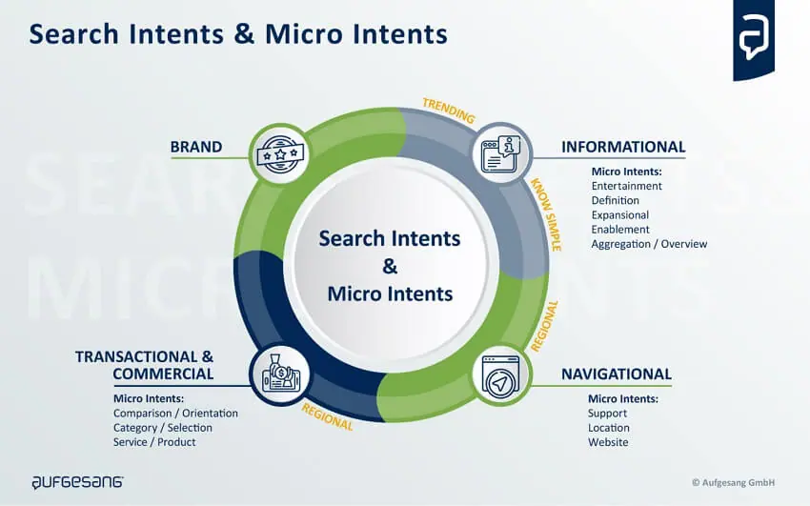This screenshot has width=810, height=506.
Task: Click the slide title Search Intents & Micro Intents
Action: (237, 34)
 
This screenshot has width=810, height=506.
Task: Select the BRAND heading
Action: (195, 147)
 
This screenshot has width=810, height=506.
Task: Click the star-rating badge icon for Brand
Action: (279, 153)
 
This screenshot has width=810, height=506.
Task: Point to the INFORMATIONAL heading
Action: (622, 147)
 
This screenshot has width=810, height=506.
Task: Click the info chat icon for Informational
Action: (501, 153)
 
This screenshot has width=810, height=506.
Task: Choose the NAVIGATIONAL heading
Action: (616, 374)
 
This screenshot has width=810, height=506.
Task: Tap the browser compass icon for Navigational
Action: (501, 375)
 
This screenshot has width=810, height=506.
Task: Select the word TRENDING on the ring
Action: (449, 111)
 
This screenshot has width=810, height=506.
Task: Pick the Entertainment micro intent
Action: (627, 187)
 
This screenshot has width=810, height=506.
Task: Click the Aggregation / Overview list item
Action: (649, 244)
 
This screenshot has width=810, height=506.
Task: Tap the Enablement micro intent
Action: (619, 230)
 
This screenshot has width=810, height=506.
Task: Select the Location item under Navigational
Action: (608, 428)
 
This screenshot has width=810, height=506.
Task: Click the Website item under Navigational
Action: (608, 442)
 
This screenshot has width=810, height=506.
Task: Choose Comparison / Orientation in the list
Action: (175, 414)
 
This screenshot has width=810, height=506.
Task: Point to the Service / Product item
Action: (154, 442)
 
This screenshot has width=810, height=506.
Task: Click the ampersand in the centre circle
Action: (390, 266)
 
